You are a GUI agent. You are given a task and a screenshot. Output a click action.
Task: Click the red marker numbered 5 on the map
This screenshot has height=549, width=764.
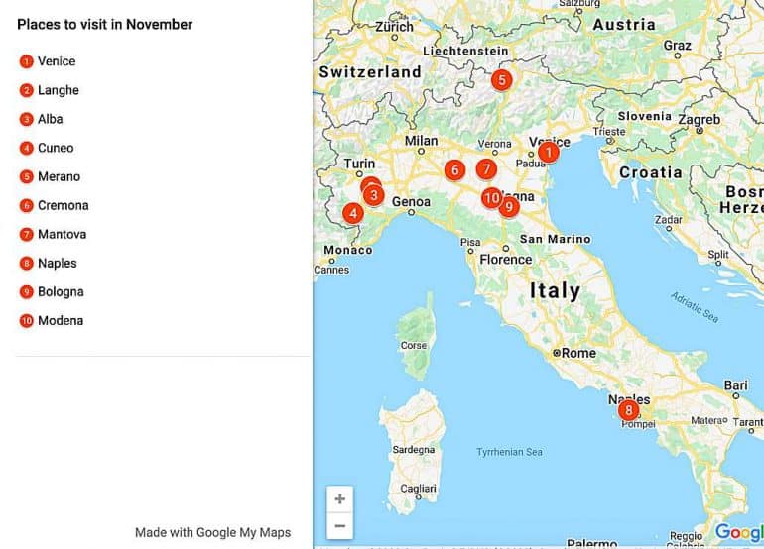click(501, 80)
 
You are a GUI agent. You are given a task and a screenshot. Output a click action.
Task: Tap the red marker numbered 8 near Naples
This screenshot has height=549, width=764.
click(627, 410)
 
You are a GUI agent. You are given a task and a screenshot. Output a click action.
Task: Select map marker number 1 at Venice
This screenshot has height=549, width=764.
click(548, 153)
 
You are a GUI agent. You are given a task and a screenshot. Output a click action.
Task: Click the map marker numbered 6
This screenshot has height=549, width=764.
click(454, 170)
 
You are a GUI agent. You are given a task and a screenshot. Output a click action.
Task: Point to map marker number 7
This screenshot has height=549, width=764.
click(485, 169)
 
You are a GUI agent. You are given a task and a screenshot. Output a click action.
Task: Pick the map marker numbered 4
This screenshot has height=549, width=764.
click(352, 213)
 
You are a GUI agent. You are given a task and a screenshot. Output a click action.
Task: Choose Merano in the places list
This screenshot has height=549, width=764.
click(59, 176)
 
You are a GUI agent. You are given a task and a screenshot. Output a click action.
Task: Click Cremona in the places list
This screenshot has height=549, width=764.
click(63, 205)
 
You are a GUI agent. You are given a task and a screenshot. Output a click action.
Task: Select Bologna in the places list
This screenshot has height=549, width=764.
click(61, 291)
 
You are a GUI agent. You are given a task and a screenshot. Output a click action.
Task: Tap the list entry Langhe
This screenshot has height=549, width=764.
click(58, 90)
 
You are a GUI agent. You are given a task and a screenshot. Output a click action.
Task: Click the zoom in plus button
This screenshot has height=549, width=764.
click(340, 499)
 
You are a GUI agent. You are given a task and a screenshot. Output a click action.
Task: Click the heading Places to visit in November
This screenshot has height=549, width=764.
click(105, 24)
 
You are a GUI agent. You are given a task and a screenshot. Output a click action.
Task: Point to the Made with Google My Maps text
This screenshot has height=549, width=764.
click(212, 532)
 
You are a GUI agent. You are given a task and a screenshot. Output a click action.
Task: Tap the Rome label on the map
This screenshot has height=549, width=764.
click(578, 353)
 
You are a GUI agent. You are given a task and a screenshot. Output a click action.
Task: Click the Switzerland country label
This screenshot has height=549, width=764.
click(370, 72)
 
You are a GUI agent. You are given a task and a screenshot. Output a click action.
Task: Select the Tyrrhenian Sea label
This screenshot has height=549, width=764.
click(509, 452)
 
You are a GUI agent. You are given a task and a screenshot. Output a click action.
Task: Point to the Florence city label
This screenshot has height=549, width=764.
click(505, 260)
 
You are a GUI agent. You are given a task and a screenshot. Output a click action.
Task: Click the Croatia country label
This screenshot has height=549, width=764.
click(650, 172)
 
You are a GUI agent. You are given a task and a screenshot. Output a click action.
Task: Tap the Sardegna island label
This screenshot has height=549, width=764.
click(414, 450)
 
